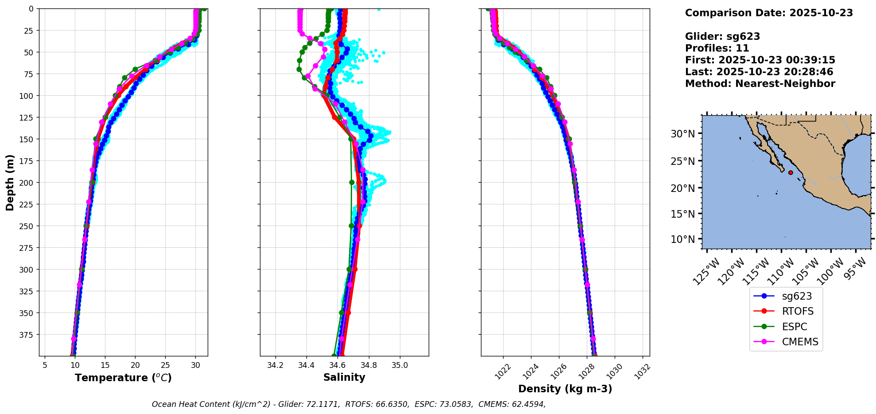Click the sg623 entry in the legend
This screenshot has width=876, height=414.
[x=796, y=296]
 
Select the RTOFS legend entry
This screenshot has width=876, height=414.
[x=798, y=311]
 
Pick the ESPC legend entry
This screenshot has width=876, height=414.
[x=795, y=327]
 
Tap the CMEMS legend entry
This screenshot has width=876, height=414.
[x=800, y=342]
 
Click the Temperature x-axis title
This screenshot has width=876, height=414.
[x=123, y=378]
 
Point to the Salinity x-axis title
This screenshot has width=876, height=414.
[x=344, y=377]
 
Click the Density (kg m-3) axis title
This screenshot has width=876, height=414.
[x=565, y=389]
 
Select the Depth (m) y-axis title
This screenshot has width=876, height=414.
[x=10, y=182]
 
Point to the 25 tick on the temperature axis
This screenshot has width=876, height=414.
[x=165, y=366]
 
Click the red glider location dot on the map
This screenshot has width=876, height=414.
[x=791, y=172]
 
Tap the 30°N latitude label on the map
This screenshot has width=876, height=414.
[x=682, y=133]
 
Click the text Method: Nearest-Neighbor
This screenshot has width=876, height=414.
[x=760, y=84]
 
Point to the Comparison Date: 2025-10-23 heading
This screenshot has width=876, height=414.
[x=769, y=13]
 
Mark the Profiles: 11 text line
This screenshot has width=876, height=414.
[x=717, y=48]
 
